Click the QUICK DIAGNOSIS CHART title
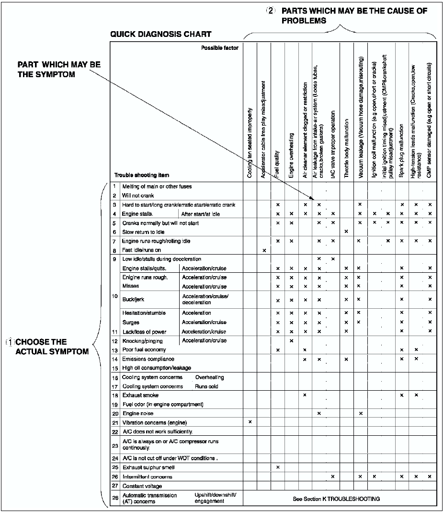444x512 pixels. tap(160, 35)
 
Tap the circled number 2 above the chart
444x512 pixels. tap(271, 11)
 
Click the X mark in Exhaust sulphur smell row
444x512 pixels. tap(278, 467)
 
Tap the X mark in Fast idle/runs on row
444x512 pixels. tap(264, 250)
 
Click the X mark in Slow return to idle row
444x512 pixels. tap(346, 232)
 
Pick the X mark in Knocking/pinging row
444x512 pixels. tap(291, 341)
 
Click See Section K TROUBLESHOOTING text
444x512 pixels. tap(337, 499)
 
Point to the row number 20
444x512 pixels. tap(115, 413)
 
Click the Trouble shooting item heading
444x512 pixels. tap(141, 175)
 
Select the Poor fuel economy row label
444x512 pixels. tap(143, 350)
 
